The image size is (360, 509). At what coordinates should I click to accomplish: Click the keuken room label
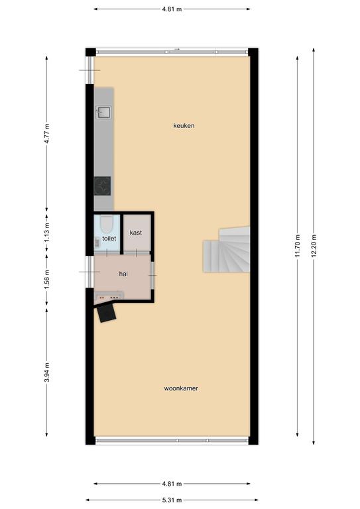coord(184,126)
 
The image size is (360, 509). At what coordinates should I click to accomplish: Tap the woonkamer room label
coord(181,388)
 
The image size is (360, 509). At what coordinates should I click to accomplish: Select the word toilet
coord(109,239)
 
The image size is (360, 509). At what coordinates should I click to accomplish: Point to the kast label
coord(136,233)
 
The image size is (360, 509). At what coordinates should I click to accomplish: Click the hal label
coord(123,274)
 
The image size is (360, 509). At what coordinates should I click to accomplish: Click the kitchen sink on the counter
coord(103,112)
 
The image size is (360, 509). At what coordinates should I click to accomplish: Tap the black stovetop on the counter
coord(102,186)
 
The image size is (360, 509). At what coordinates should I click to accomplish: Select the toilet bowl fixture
coord(106,224)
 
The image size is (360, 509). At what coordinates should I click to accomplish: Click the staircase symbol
coord(227,249)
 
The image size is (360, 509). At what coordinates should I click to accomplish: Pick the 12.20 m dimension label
coord(314,245)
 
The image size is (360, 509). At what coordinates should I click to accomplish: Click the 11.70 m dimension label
coord(298,245)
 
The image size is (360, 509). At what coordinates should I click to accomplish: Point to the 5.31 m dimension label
coord(172,500)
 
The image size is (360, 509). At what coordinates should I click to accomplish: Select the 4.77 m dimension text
coord(47,133)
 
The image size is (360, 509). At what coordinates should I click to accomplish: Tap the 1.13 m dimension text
coord(47,232)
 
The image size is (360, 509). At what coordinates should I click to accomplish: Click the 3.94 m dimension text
coord(47,372)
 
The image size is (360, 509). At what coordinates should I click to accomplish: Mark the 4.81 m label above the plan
coord(172,9)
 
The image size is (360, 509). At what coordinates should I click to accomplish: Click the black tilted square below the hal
coord(107,313)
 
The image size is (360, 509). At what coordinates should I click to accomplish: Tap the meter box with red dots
coord(109,296)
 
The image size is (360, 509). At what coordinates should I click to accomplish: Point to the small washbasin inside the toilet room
coord(97,242)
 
